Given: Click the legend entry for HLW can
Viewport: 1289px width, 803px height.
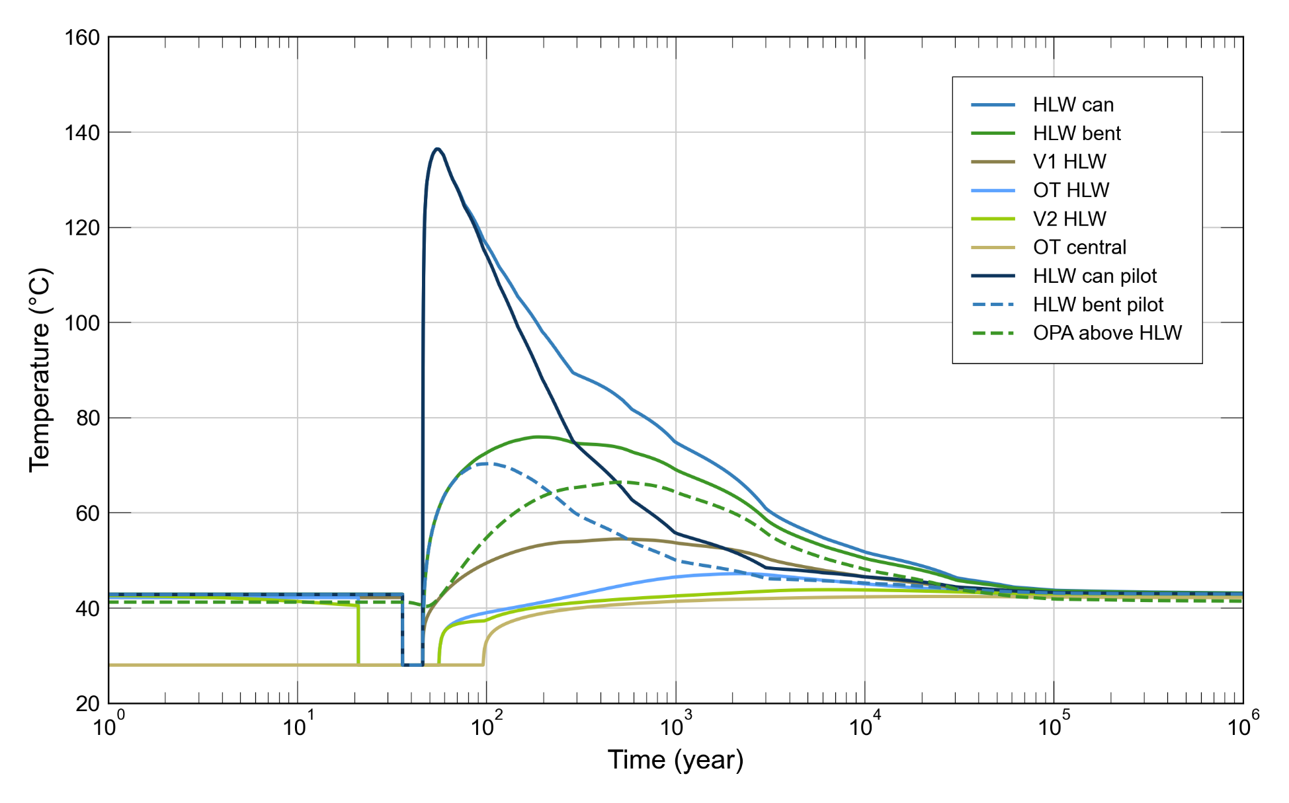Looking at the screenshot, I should [1073, 104].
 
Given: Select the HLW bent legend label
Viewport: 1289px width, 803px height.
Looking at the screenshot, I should [1077, 133].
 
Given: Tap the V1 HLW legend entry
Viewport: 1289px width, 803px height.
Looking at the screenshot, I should [1069, 161].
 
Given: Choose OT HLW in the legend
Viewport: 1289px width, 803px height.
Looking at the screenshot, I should [1071, 190].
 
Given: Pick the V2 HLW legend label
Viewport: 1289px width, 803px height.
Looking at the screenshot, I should [1069, 218].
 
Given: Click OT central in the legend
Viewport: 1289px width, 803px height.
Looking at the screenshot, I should [1079, 247].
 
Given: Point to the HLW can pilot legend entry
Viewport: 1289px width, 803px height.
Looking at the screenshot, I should [1095, 276].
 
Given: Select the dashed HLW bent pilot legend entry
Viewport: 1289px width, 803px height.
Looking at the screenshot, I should [1098, 304].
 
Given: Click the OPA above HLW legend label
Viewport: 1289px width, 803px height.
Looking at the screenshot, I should [1107, 332].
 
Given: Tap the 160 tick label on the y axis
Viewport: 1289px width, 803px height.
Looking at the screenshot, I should [82, 38].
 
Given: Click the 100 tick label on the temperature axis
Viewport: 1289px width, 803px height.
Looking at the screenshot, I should [82, 323].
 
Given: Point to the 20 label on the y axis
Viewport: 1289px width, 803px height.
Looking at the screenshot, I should [87, 704].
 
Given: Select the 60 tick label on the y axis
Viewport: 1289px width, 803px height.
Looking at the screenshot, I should [87, 514].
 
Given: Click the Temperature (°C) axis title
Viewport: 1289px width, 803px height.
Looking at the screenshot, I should [40, 370].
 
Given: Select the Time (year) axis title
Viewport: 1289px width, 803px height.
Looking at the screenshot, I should [675, 760].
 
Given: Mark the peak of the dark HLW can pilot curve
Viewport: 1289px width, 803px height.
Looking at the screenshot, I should [437, 149].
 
